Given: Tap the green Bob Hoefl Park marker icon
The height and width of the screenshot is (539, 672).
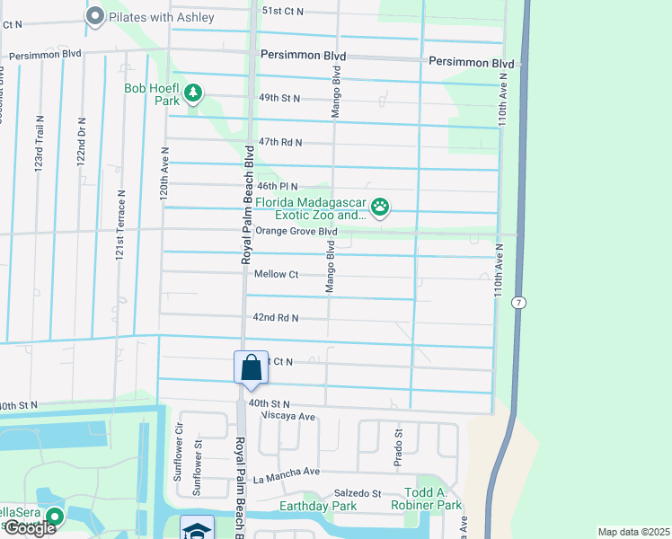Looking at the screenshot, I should [193, 92].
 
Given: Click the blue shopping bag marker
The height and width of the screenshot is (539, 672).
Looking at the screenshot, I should [251, 368].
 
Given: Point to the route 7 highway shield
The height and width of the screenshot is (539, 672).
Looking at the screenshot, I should [518, 303].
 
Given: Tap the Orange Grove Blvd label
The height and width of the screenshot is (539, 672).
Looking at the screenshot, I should [296, 232].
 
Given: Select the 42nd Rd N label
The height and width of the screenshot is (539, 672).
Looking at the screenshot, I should [275, 318].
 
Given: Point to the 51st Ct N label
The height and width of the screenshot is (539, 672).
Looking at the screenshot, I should [283, 11].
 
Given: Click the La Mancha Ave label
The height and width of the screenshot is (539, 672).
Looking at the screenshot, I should [286, 472].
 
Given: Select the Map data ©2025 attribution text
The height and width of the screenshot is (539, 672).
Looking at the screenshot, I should [633, 532].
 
